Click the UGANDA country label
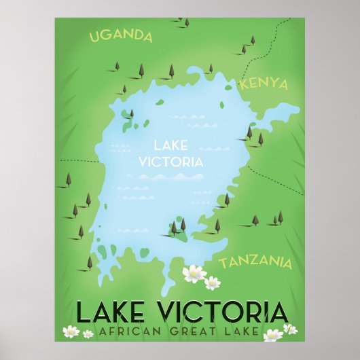[121, 36]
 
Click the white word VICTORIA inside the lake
[170, 162]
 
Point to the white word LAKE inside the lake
[170, 145]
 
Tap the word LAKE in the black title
[107, 313]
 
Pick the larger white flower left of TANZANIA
[194, 273]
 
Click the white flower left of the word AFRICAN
[71, 331]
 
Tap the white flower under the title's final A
[273, 335]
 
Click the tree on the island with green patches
[131, 114]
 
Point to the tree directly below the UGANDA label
[117, 67]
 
